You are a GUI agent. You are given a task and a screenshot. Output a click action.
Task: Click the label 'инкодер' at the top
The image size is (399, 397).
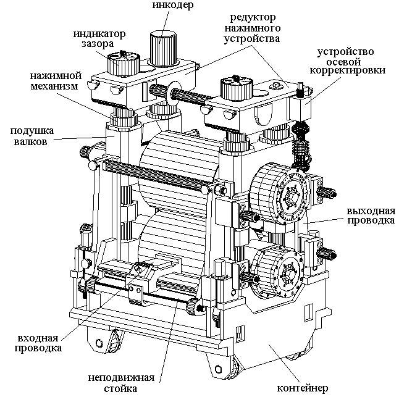[173, 4]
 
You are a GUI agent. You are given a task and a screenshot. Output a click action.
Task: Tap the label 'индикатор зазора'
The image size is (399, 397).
[99, 39]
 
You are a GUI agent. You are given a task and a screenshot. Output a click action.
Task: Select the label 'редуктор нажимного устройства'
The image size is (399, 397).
[252, 28]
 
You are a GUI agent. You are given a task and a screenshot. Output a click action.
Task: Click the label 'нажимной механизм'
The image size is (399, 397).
[56, 81]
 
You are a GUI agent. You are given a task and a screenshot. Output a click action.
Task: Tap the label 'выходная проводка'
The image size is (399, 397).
[371, 215]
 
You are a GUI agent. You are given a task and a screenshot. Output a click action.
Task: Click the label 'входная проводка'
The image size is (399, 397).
[38, 343]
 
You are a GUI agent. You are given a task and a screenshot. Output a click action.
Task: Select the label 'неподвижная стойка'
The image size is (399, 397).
[121, 383]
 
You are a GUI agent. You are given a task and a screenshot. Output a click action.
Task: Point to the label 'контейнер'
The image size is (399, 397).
[302, 388]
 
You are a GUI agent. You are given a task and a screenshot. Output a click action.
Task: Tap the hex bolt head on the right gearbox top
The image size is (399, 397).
[276, 86]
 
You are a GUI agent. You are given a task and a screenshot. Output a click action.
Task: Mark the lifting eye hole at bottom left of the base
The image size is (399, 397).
[99, 343]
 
